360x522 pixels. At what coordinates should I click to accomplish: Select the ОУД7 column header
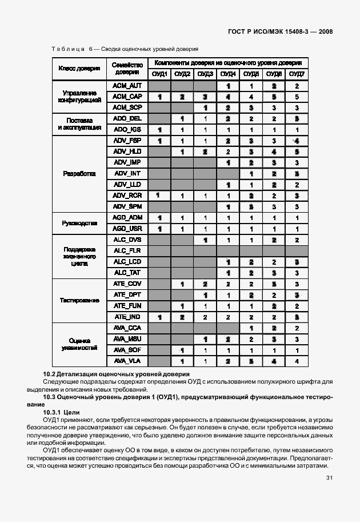pyautogui.click(x=297, y=74)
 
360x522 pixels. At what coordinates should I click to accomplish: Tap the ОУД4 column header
pyautogui.click(x=228, y=74)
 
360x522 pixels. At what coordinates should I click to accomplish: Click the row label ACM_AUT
pyautogui.click(x=127, y=86)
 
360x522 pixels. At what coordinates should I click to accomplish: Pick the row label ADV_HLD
pyautogui.click(x=127, y=152)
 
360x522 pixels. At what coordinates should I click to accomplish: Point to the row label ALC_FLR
pyautogui.click(x=127, y=250)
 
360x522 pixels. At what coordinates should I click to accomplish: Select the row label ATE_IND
pyautogui.click(x=127, y=317)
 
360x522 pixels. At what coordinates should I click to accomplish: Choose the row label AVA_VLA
pyautogui.click(x=127, y=361)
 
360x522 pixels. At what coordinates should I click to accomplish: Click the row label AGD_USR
pyautogui.click(x=127, y=229)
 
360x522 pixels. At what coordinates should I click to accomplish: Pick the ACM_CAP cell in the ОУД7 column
pyautogui.click(x=297, y=97)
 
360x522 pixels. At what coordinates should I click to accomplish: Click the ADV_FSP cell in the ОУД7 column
pyautogui.click(x=297, y=141)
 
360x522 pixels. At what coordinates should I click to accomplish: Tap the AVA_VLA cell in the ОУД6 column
pyautogui.click(x=274, y=361)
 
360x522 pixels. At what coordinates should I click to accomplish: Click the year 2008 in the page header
pyautogui.click(x=324, y=32)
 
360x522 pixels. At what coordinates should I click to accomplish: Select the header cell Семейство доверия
pyautogui.click(x=127, y=69)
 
